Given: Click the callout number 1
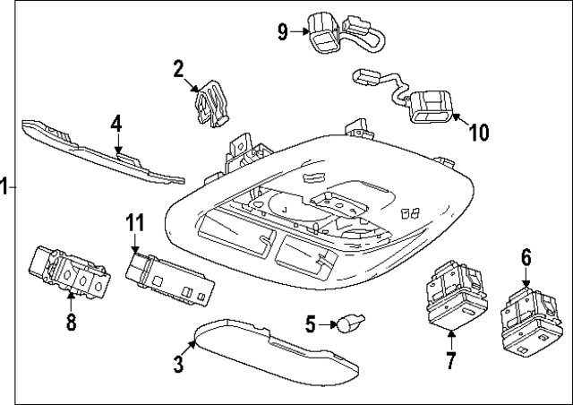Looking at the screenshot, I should click(4, 187).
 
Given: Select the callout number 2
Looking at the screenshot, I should click(178, 68).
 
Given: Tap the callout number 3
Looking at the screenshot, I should click(178, 364).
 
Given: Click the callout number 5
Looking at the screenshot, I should click(310, 323).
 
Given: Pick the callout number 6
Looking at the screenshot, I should click(526, 258).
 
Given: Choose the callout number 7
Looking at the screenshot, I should click(449, 361).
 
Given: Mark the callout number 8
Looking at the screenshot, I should click(71, 320).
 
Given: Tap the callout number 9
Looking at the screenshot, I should click(283, 32).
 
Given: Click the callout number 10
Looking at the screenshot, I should click(479, 133).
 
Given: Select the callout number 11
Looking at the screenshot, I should click(134, 222).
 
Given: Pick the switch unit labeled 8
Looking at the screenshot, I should click(70, 271).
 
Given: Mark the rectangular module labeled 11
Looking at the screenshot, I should click(169, 278).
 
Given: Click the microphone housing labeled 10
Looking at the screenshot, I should click(432, 107).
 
